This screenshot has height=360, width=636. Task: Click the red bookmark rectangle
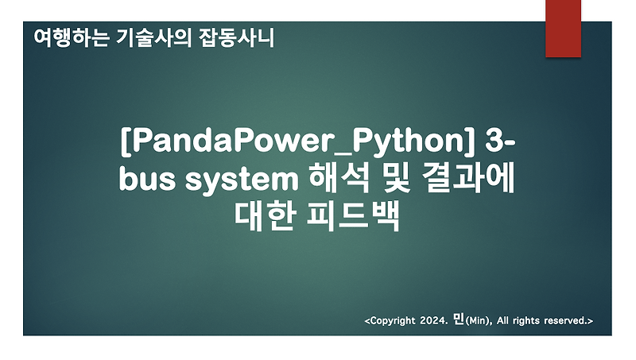coord(563,28)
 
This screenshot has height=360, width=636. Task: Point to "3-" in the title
coord(499,145)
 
